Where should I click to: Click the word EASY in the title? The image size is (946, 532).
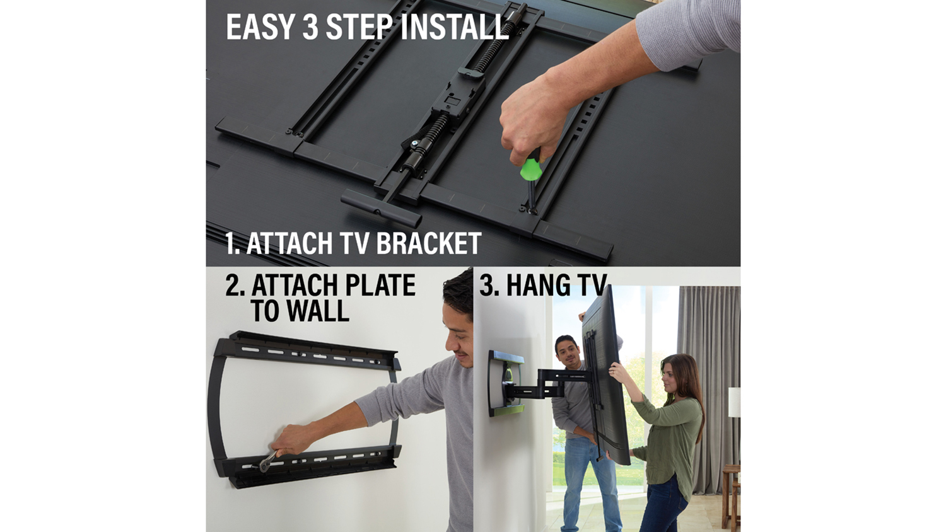259,28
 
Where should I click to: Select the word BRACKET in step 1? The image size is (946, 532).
428,243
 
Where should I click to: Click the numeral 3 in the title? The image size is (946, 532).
310,28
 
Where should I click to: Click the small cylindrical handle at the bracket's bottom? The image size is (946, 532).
382,208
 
